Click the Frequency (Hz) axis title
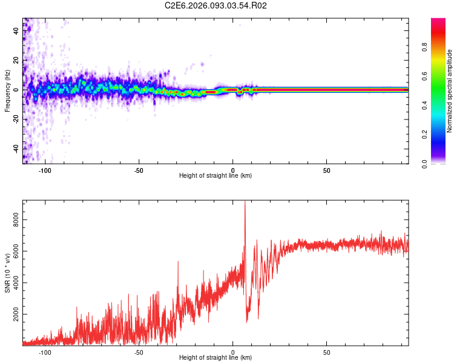(7, 90)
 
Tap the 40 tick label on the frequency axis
(16, 31)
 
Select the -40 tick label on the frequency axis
(16, 148)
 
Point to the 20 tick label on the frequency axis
(16, 60)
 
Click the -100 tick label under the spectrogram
(45, 170)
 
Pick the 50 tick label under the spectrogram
(326, 170)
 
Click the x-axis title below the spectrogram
(215, 177)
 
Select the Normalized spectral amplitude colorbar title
(450, 91)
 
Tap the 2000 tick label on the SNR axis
(16, 315)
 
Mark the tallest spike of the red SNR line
(245, 202)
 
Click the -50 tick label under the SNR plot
(139, 352)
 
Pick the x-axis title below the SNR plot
(215, 359)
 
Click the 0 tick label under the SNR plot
(233, 352)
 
